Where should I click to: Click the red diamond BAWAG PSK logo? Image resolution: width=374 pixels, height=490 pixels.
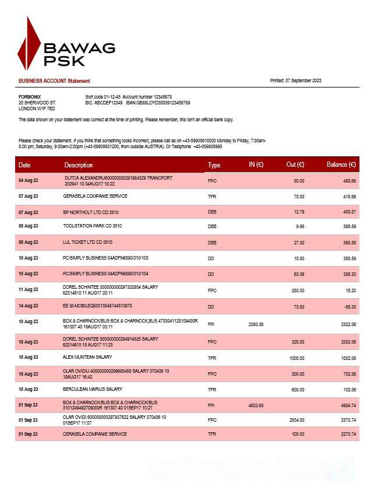pos(29,44)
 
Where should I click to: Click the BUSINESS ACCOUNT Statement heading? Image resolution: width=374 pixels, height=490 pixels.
pos(54,80)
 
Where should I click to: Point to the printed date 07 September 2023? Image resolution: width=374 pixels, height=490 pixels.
pos(295,80)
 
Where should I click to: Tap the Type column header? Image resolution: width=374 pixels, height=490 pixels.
pos(214,165)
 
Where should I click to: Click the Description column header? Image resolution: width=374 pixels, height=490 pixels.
pos(79,165)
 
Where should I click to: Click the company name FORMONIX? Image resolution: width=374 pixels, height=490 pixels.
pos(30,96)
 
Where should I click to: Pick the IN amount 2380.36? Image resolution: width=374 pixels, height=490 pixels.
pos(256,324)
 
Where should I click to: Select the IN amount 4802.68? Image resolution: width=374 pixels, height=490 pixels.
pos(256,405)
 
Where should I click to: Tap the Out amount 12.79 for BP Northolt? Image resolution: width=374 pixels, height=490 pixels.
pos(299,212)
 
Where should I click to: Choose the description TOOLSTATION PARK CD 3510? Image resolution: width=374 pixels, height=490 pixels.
pos(92,226)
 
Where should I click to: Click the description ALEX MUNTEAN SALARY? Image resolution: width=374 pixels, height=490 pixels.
pos(87,357)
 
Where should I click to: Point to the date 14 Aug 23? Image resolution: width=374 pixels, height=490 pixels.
pos(28,306)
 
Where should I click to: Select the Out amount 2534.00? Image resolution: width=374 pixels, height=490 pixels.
pos(297,420)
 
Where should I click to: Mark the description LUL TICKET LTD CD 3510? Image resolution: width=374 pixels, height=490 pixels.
pos(87,242)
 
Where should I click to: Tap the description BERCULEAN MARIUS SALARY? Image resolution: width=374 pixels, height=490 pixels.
pos(93,389)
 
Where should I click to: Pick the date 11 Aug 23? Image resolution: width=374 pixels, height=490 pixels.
pos(28,289)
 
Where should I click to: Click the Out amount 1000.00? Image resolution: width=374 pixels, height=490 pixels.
pos(297,357)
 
